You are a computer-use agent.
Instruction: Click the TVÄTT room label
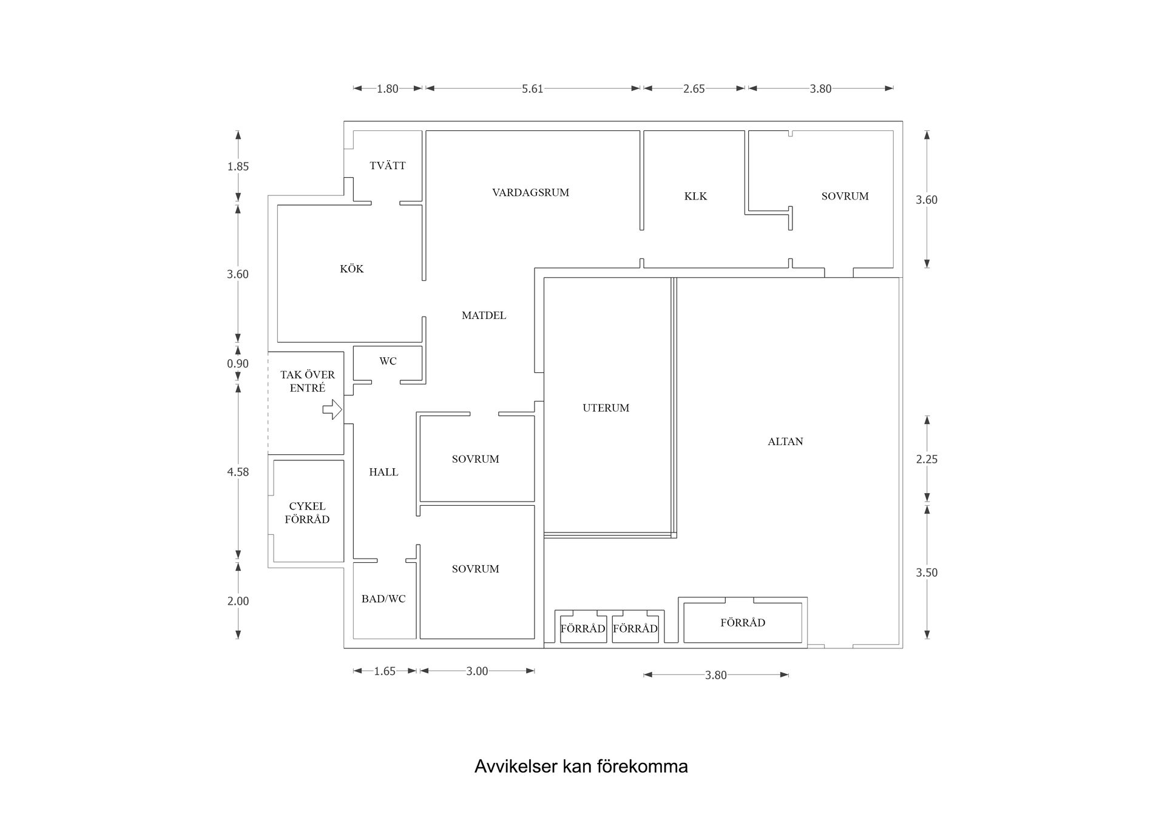click(x=388, y=166)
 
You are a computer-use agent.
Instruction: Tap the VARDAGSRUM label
click(x=531, y=193)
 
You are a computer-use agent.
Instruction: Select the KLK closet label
click(x=695, y=197)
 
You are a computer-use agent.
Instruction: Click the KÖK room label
click(x=352, y=269)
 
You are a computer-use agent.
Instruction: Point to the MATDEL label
click(x=484, y=315)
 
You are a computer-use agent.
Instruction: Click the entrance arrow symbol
click(x=333, y=409)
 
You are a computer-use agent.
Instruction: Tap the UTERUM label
click(x=606, y=408)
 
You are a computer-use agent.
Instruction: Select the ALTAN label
click(x=785, y=442)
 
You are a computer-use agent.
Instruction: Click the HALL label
click(x=383, y=472)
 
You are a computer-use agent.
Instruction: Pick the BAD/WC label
click(x=383, y=599)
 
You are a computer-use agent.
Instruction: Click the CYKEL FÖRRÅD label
click(x=307, y=512)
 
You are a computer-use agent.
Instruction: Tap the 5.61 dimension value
click(x=533, y=89)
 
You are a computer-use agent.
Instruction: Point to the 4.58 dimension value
click(x=238, y=472)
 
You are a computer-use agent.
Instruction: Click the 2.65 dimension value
click(x=694, y=89)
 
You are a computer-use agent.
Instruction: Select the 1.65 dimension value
click(x=385, y=671)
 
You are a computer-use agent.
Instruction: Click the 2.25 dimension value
click(x=927, y=460)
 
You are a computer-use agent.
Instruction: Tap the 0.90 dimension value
click(x=238, y=364)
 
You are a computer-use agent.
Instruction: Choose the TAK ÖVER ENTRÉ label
click(x=308, y=381)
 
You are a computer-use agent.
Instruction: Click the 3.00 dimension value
click(x=477, y=671)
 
